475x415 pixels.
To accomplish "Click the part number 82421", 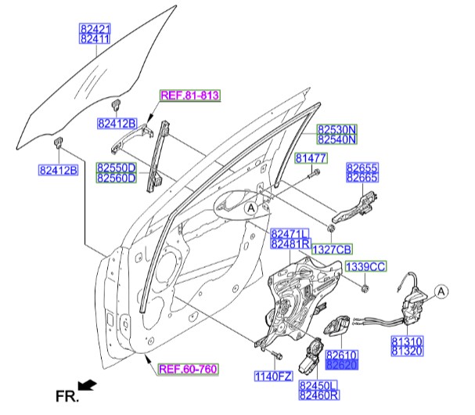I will [x=95, y=27].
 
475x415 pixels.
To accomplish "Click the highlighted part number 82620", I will [x=342, y=364].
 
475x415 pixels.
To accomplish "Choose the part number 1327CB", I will [x=328, y=250].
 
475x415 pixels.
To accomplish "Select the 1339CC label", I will [x=366, y=267].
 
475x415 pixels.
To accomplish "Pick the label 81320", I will [x=407, y=352].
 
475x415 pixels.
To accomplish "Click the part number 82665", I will [x=362, y=179].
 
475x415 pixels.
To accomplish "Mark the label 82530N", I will [x=336, y=129].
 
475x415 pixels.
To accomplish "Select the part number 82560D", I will [x=117, y=179].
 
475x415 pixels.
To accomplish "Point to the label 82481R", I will [x=290, y=244].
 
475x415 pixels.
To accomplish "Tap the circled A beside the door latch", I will [x=440, y=293].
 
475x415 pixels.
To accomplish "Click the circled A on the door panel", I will [x=250, y=209].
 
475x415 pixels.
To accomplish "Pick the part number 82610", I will [x=342, y=354].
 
